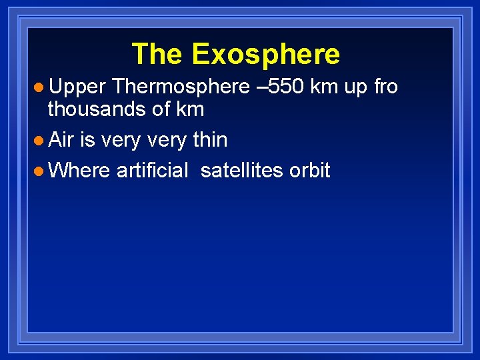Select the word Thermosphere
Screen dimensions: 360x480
pyautogui.click(x=176, y=87)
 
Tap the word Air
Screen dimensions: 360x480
pyautogui.click(x=61, y=140)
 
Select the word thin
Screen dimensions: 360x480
pyautogui.click(x=209, y=140)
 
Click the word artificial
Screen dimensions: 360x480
pyautogui.click(x=153, y=171)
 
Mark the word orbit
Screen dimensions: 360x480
pyautogui.click(x=309, y=171)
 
